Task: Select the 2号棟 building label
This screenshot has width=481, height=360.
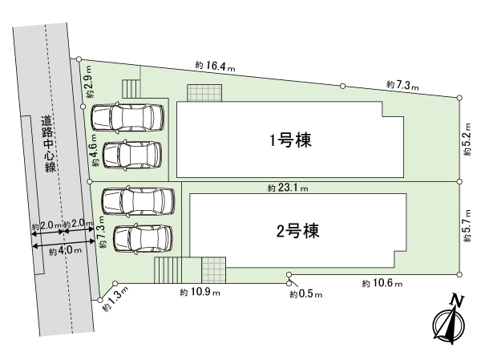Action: [x=298, y=233]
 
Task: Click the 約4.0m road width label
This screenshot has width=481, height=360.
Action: [x=62, y=251]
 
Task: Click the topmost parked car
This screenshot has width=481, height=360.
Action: [x=127, y=117]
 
